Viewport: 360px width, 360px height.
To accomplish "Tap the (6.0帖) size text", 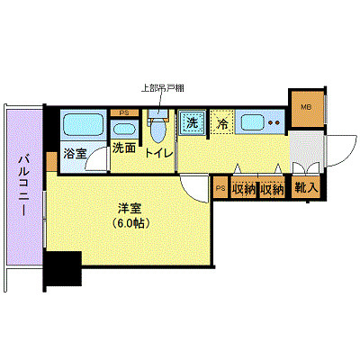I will [131, 222].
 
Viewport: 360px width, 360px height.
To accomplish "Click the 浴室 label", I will [75, 154].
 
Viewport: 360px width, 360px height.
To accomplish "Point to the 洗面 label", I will [123, 148].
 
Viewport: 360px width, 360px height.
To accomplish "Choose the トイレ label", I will [158, 153].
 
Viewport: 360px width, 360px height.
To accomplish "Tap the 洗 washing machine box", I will [191, 122].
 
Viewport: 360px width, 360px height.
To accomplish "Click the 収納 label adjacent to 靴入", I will [273, 189].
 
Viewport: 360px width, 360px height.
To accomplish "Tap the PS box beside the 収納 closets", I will [221, 188].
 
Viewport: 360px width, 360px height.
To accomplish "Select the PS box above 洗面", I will [123, 113].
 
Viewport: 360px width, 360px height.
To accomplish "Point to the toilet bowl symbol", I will [158, 130].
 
